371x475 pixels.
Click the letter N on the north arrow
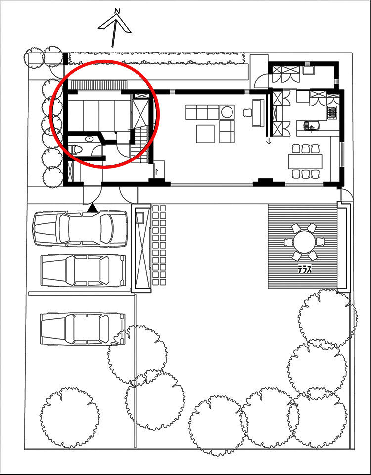(x=118, y=11)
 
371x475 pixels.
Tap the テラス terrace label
(x=304, y=269)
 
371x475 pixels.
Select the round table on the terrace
(x=304, y=241)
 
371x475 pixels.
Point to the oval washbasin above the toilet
(x=89, y=139)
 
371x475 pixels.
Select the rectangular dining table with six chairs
(x=305, y=161)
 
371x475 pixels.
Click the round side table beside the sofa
(x=227, y=112)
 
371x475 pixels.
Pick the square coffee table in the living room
(x=205, y=134)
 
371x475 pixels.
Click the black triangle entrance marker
(x=93, y=208)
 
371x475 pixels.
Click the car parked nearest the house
(x=80, y=228)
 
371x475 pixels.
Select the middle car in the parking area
(x=83, y=270)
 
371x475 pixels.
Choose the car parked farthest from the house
(x=83, y=329)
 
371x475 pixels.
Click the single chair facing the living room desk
(x=247, y=113)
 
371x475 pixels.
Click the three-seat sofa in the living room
(x=202, y=112)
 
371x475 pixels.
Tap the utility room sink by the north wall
(x=308, y=71)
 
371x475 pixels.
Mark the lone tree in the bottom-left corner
(x=69, y=418)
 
